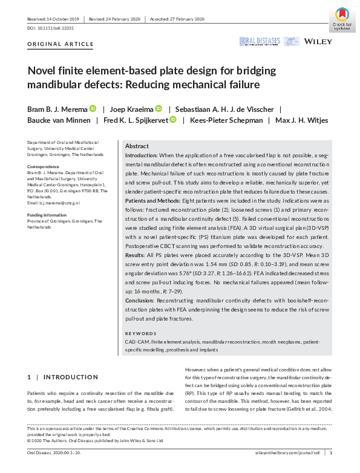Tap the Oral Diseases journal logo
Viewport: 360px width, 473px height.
click(260, 41)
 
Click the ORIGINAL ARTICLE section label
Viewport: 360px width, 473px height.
click(61, 44)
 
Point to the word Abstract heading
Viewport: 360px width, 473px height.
click(136, 146)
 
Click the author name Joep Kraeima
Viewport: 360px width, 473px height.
click(136, 109)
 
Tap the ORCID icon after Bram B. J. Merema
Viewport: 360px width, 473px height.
click(93, 109)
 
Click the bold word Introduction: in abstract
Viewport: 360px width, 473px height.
click(143, 156)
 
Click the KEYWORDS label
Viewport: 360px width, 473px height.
click(140, 333)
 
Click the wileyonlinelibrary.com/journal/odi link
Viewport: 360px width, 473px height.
click(289, 452)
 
